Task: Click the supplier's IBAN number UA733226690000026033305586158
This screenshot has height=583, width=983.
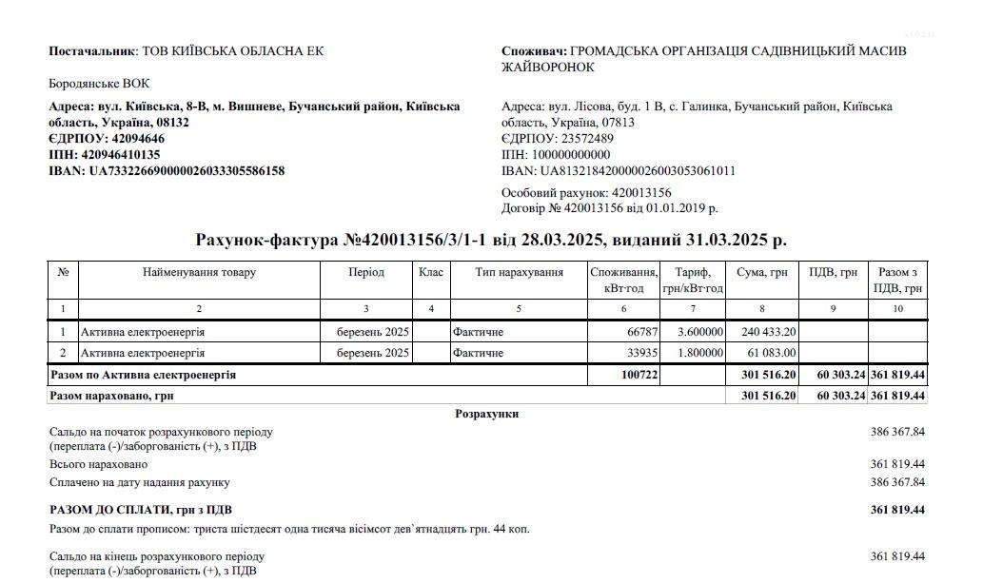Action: [x=187, y=171]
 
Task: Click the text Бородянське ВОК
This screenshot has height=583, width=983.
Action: [x=99, y=84]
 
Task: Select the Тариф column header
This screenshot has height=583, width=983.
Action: [x=692, y=280]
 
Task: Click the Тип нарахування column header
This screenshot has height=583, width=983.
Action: [x=519, y=272]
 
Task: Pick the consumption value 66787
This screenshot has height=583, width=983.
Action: [x=641, y=332]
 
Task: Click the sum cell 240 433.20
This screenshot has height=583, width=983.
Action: [x=768, y=332]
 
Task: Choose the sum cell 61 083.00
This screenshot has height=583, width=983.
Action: [x=772, y=353]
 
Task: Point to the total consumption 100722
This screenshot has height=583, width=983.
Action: [x=639, y=375]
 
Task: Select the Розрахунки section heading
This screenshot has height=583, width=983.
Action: [x=487, y=415]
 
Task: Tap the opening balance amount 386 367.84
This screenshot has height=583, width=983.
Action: [x=897, y=432]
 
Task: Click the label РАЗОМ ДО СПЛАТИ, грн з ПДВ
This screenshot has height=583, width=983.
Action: [x=137, y=511]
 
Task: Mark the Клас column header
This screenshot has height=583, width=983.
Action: [x=431, y=272]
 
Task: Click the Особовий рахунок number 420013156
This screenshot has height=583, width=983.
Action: [x=641, y=193]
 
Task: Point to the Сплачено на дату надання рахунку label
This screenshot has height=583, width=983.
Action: [x=139, y=483]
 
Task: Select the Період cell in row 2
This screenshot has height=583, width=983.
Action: [x=373, y=353]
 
